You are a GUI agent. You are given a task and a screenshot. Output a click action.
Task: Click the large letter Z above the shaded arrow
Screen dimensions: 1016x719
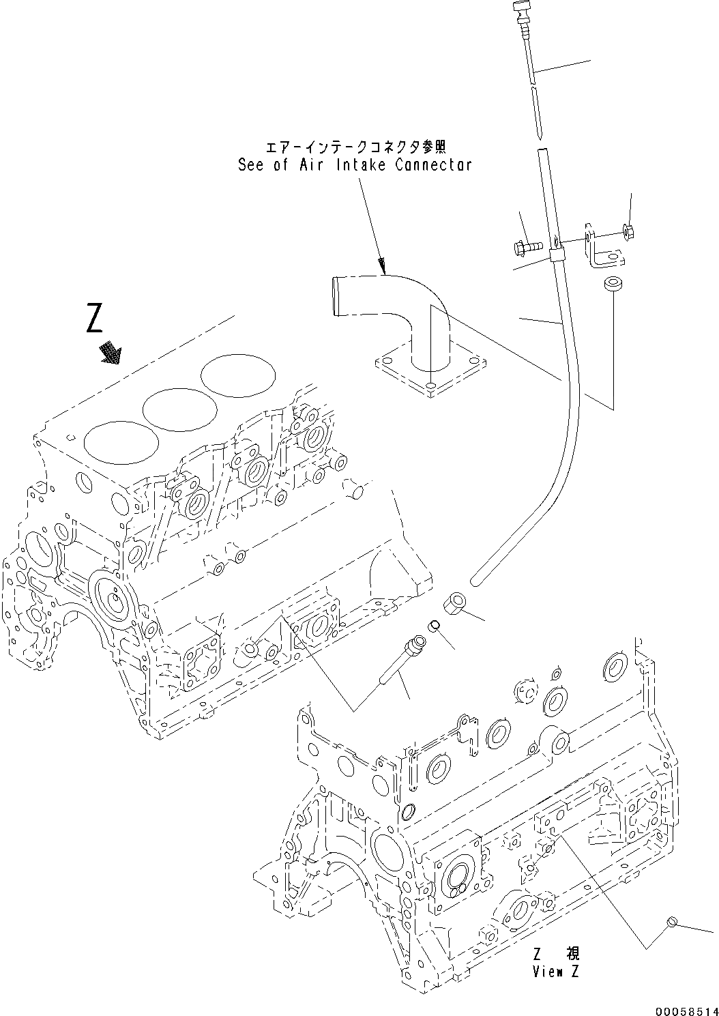(x=96, y=319)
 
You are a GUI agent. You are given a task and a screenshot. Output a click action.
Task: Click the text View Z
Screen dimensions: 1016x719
(x=555, y=972)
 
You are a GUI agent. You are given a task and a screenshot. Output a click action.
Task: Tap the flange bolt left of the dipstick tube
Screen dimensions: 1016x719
(x=527, y=244)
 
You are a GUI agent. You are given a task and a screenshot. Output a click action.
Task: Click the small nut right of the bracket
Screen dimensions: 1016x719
(x=628, y=233)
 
